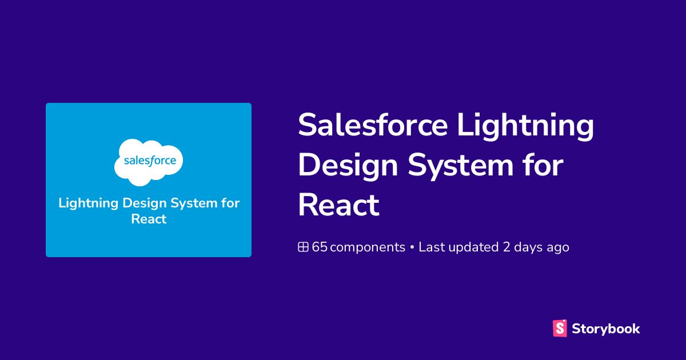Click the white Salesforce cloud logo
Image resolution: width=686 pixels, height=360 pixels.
click(x=149, y=162)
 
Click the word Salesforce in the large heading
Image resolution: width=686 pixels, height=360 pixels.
click(x=373, y=125)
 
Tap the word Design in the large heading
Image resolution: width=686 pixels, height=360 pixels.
click(x=348, y=166)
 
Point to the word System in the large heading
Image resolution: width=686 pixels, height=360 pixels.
click(x=460, y=166)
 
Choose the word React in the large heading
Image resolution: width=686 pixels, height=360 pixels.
click(x=338, y=205)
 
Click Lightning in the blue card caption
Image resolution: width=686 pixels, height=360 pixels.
click(x=88, y=204)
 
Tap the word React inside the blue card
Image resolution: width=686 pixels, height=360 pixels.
click(x=149, y=219)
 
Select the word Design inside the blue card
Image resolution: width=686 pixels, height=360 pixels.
click(x=145, y=204)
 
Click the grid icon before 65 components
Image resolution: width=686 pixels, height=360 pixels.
click(x=303, y=247)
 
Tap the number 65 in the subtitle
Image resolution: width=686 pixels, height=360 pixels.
click(x=320, y=247)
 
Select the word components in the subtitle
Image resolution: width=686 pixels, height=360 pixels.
click(x=368, y=247)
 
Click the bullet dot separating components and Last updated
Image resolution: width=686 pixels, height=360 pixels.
click(x=412, y=247)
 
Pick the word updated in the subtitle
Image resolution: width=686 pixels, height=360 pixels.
click(x=473, y=247)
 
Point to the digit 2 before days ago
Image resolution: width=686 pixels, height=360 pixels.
click(x=506, y=247)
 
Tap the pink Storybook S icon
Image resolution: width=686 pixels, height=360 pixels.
click(x=560, y=328)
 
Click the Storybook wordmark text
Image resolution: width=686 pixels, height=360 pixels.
click(x=606, y=329)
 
